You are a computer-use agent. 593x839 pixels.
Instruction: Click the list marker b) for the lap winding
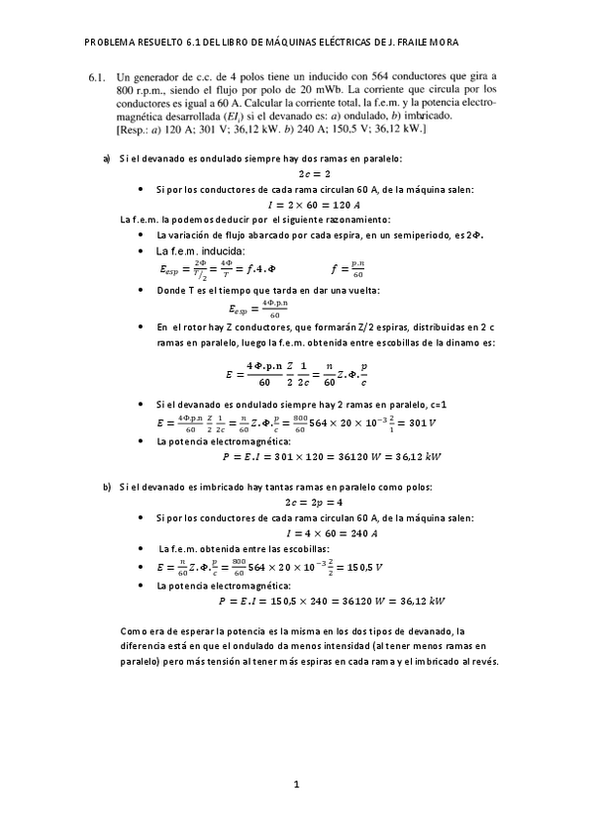[x=107, y=487]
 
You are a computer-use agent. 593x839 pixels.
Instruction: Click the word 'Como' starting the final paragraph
[x=133, y=630]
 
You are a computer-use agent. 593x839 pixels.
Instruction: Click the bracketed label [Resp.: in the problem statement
[x=134, y=129]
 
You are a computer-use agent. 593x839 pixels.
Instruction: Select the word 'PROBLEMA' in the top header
[x=112, y=43]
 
